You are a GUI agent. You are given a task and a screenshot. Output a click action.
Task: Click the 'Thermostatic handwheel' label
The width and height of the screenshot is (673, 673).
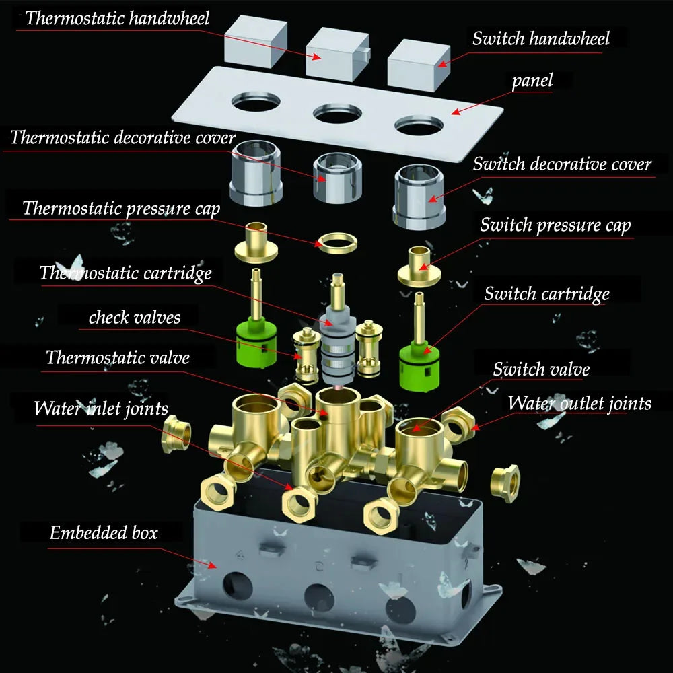click(x=117, y=18)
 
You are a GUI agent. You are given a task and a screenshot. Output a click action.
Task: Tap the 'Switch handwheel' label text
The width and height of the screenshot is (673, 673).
click(x=541, y=38)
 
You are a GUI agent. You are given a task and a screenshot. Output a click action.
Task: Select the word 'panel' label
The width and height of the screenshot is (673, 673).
click(x=532, y=80)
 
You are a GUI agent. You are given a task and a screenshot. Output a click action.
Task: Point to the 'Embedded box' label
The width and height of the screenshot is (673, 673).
click(x=104, y=532)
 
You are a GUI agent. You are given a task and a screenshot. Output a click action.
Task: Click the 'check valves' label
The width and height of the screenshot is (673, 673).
click(x=135, y=317)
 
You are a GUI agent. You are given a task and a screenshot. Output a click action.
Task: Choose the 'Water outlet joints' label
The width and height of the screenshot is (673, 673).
click(x=579, y=403)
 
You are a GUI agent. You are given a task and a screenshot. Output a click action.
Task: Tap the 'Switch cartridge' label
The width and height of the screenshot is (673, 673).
click(x=546, y=294)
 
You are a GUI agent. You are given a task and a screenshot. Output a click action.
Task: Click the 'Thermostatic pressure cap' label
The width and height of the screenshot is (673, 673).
click(x=121, y=209)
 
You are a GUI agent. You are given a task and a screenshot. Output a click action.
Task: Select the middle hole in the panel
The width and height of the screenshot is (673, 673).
click(x=337, y=113)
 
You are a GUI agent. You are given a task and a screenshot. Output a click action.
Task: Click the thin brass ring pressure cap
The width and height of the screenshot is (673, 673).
click(x=337, y=244)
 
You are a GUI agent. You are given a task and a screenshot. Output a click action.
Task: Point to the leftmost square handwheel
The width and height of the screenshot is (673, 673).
click(x=256, y=41)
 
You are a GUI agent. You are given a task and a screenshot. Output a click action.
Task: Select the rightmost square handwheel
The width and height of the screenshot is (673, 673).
click(x=419, y=65)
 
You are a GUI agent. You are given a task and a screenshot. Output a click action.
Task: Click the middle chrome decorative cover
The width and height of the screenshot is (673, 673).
click(x=337, y=178)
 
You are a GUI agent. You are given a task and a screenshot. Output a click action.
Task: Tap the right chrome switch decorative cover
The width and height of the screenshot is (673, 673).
click(x=419, y=197)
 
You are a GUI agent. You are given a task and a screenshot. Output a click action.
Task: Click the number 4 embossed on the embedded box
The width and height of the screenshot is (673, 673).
click(x=240, y=555)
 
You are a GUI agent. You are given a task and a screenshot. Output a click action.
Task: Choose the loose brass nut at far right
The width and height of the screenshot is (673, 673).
click(x=505, y=483)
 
